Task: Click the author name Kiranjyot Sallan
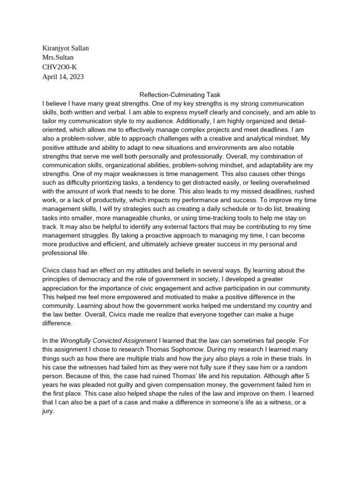pyautogui.click(x=65, y=48)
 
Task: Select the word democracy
pyautogui.click(x=99, y=280)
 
